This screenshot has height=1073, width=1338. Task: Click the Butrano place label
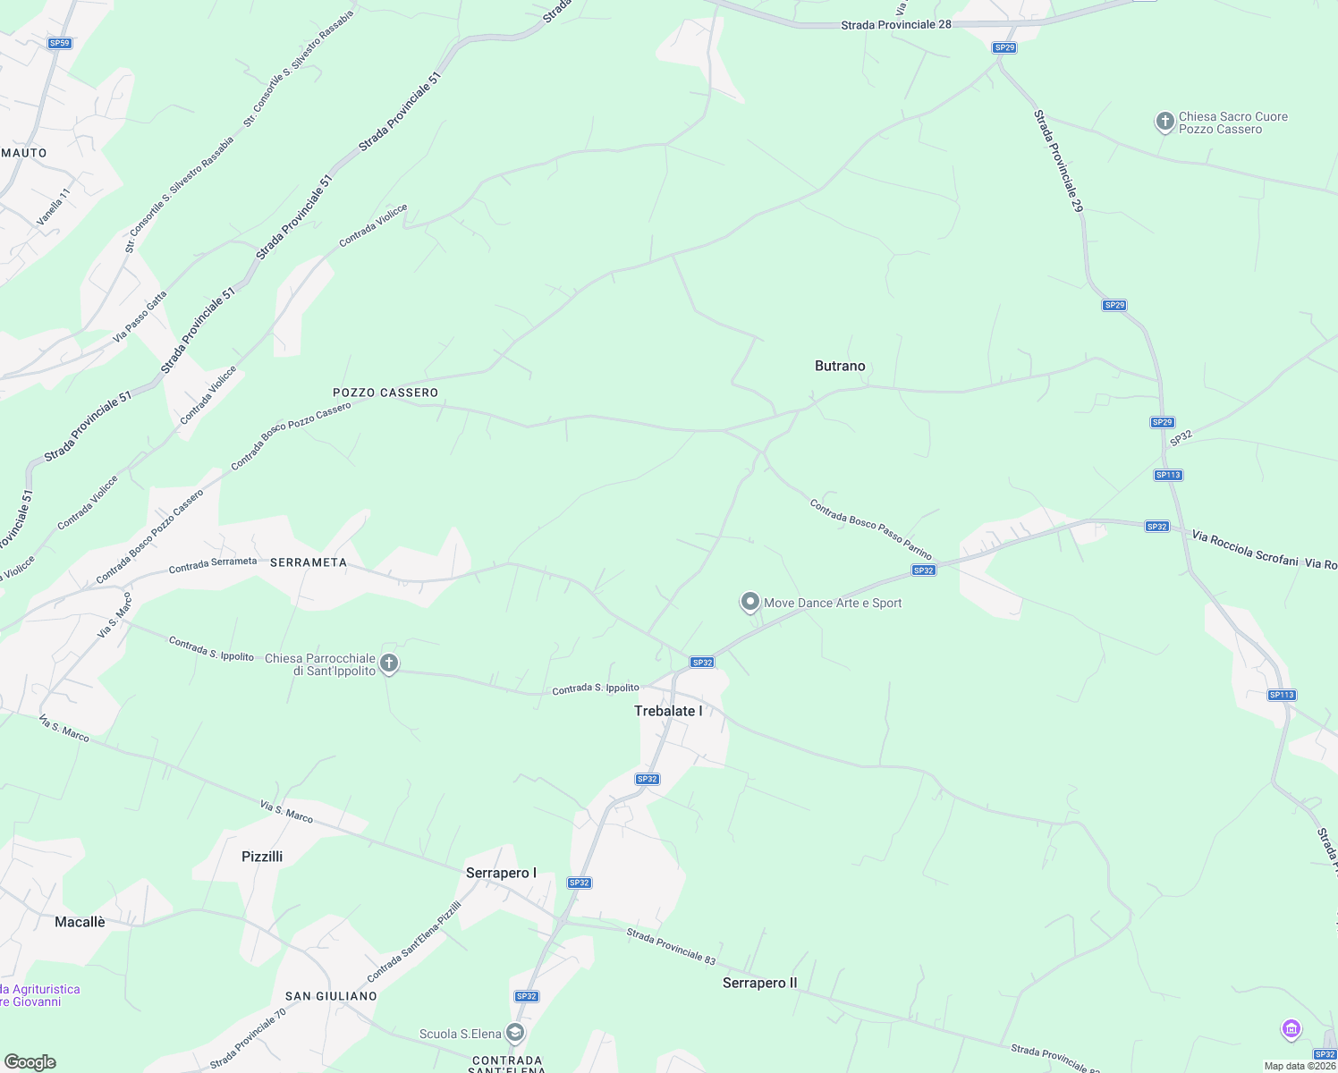840,366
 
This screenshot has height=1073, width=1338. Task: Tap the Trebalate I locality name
668,711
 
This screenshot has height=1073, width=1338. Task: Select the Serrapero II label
759,983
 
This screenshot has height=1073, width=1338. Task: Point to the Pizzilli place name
262,857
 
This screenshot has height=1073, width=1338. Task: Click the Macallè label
80,922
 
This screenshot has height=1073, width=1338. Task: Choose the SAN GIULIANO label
331,996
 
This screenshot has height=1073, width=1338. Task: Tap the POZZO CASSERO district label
385,393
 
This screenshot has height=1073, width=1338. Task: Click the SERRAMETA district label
308,562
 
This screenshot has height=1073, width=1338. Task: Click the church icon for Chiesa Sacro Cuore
1164,121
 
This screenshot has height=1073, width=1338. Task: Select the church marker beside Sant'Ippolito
388,663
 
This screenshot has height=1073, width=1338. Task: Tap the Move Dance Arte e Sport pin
749,602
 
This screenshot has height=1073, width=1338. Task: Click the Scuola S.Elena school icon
514,1033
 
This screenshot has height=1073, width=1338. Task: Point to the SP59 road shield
60,43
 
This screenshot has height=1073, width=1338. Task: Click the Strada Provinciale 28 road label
895,25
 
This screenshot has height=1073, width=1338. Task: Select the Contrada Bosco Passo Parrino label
870,529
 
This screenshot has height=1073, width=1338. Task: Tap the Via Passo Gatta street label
140,317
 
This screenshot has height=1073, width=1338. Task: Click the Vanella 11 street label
53,207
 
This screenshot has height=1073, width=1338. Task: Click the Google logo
30,1062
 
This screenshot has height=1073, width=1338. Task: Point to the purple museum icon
1291,1028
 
